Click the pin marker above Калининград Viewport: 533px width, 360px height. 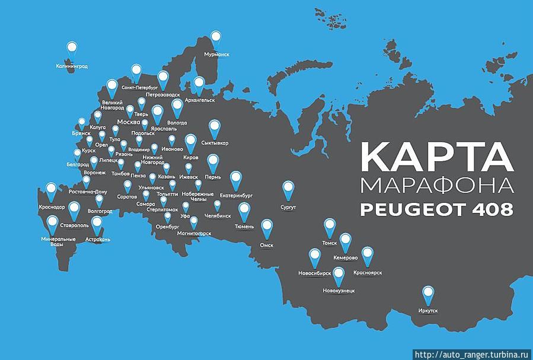[x=72, y=49]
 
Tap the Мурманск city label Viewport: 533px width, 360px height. [x=216, y=54]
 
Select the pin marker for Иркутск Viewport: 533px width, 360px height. [x=427, y=294]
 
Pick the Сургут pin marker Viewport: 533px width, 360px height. [x=288, y=189]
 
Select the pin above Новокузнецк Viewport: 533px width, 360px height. [x=339, y=275]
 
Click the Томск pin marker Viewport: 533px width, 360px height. [x=330, y=227]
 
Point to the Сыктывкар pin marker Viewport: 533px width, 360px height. [x=215, y=128]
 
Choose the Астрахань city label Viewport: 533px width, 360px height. [x=97, y=239]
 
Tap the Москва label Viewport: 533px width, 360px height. [x=129, y=122]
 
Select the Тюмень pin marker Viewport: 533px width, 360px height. [x=244, y=211]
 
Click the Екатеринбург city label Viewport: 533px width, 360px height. [x=236, y=194]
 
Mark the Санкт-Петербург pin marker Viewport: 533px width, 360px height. [x=136, y=72]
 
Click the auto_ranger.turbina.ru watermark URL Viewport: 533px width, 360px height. [x=472, y=355]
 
